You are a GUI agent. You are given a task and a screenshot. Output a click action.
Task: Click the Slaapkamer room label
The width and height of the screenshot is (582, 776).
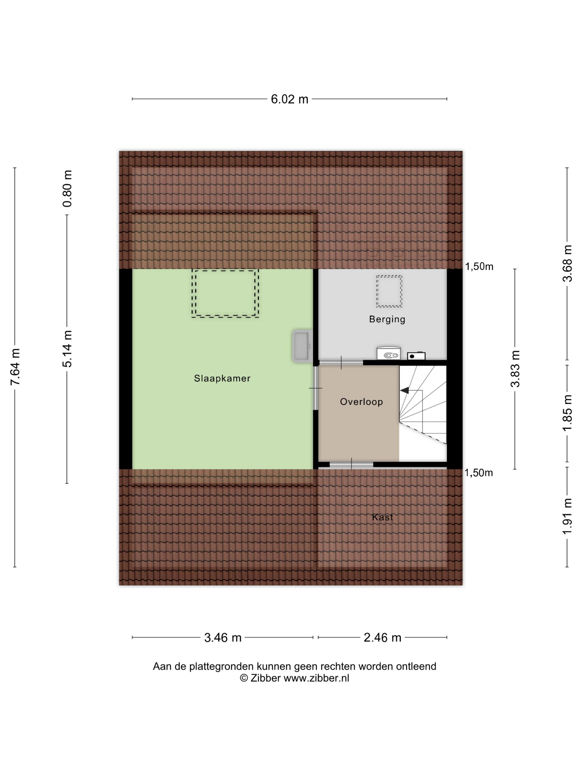pyautogui.click(x=222, y=379)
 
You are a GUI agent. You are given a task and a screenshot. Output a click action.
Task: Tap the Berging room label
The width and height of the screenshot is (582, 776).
pyautogui.click(x=387, y=320)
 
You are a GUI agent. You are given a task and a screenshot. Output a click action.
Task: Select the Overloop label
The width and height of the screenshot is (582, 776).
pyautogui.click(x=361, y=402)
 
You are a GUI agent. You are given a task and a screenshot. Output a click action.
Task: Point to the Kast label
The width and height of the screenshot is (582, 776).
pyautogui.click(x=382, y=517)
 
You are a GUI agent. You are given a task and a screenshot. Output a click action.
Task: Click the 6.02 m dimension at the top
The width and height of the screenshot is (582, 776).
pyautogui.click(x=289, y=99)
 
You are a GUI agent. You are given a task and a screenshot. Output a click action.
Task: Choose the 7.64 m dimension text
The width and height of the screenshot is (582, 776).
pyautogui.click(x=15, y=367)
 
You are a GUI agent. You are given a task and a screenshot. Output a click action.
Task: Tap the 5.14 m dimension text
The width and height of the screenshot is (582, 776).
pyautogui.click(x=67, y=349)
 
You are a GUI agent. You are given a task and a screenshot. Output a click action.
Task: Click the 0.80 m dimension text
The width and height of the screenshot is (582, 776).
pyautogui.click(x=67, y=188)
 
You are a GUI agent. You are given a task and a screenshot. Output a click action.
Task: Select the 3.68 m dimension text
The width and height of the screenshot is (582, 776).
pyautogui.click(x=567, y=263)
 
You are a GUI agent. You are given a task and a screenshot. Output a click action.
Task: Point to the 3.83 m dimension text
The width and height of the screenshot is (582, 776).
pyautogui.click(x=515, y=369)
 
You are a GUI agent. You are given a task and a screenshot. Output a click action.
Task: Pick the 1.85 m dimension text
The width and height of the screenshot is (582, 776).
pyautogui.click(x=567, y=413)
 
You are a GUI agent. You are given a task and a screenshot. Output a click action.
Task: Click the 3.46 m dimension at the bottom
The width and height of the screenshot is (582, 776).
pyautogui.click(x=223, y=637)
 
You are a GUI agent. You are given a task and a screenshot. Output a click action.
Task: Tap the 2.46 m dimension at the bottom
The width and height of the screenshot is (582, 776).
pyautogui.click(x=382, y=637)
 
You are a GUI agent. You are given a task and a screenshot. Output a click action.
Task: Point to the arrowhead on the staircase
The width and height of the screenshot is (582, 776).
pyautogui.click(x=404, y=390)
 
